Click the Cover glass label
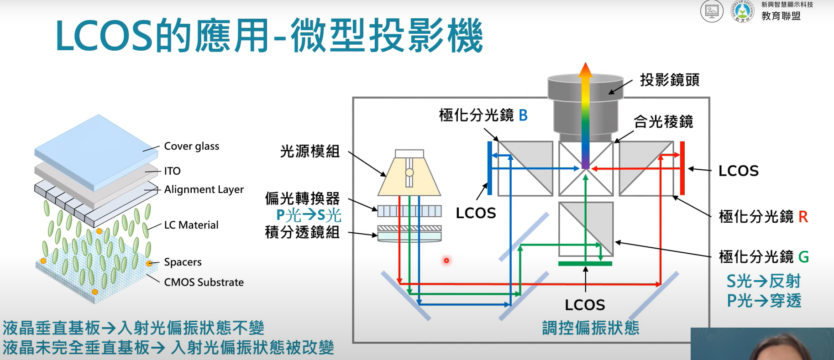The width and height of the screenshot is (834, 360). (191, 146)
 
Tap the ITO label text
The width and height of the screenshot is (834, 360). (172, 171)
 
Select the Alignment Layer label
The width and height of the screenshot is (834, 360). (204, 189)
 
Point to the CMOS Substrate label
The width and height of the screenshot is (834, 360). (204, 282)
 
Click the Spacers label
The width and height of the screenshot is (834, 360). (183, 262)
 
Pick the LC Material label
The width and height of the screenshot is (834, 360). (191, 225)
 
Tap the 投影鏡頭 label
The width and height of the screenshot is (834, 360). (669, 80)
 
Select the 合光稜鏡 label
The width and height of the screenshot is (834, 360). (663, 122)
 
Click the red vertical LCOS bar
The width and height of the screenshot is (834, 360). (682, 168)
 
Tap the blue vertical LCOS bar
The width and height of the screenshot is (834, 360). (489, 168)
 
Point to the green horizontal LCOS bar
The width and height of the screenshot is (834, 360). (585, 263)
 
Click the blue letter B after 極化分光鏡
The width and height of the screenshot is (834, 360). (523, 115)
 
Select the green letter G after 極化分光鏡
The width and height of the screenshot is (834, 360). (803, 257)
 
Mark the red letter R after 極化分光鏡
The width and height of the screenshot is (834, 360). (803, 217)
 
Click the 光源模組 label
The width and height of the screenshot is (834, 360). (309, 151)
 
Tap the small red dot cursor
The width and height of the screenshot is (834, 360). (446, 261)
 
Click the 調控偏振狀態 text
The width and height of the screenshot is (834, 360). (590, 328)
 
